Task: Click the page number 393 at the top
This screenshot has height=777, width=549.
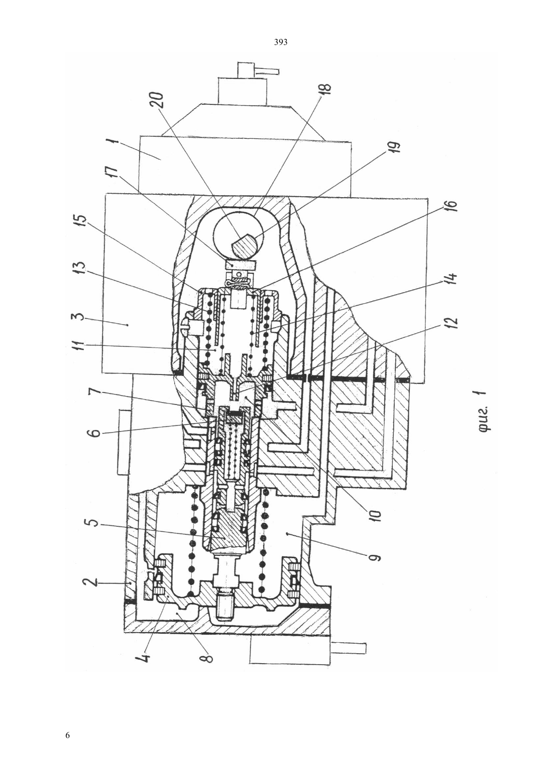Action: [x=280, y=42]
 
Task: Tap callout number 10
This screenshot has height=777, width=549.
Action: [x=375, y=516]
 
